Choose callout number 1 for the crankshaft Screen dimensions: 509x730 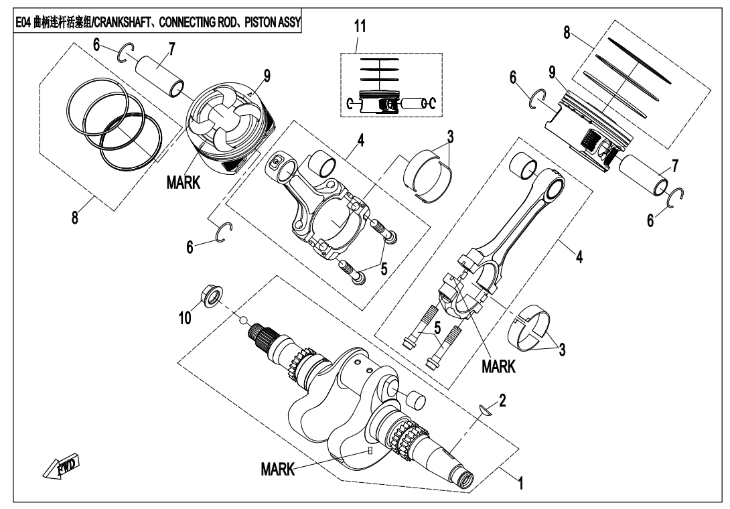coord(520,480)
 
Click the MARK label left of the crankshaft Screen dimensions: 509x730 coord(277,469)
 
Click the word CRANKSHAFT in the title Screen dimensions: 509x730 coord(131,23)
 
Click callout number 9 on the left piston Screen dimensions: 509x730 coord(267,77)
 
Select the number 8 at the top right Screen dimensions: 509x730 coord(567,33)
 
